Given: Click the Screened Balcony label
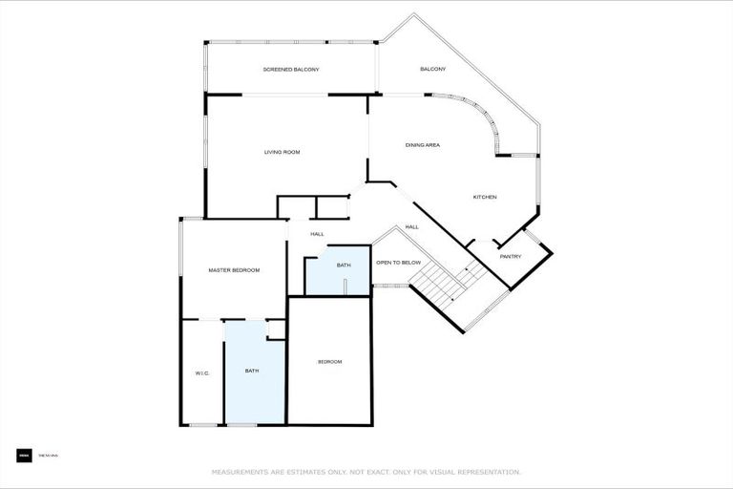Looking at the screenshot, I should tap(291, 70).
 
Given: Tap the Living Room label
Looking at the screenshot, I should tap(283, 152).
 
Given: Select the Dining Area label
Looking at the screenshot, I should tap(422, 145).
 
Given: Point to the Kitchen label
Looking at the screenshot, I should tap(485, 197).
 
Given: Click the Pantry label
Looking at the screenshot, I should tap(511, 256).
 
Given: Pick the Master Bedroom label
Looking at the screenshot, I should tap(234, 270).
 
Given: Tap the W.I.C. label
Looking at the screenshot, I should tap(202, 372).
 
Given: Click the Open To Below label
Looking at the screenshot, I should tap(398, 262).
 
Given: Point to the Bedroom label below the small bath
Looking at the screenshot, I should tap(329, 361).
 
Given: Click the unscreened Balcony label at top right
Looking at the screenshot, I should tap(433, 70).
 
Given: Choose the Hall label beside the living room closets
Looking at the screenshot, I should tap(317, 234).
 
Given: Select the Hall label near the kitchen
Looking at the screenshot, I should tap(411, 226).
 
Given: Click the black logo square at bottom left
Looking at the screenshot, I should tap(24, 456).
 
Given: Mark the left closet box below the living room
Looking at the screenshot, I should tap(296, 207).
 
